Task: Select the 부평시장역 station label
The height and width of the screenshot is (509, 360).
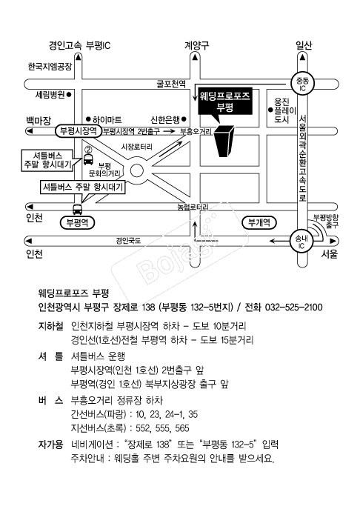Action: click(x=78, y=131)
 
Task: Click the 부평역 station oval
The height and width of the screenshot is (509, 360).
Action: click(x=77, y=223)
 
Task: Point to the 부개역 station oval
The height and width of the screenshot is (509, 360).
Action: click(x=259, y=223)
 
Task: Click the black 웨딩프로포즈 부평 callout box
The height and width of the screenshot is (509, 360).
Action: click(x=225, y=102)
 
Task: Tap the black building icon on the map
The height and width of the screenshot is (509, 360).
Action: click(x=224, y=141)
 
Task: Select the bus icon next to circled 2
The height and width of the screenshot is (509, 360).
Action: click(x=87, y=159)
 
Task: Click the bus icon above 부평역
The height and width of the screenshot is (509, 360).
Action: click(x=77, y=210)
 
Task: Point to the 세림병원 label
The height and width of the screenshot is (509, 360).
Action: click(x=50, y=95)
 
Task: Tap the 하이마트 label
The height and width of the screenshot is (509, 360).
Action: click(x=107, y=120)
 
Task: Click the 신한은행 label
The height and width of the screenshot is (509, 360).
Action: click(x=165, y=120)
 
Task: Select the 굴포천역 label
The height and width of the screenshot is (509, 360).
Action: click(x=171, y=84)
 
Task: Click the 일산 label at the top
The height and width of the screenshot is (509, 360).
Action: click(x=304, y=45)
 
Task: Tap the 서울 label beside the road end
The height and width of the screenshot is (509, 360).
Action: click(x=329, y=254)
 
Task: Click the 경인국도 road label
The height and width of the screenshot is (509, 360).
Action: click(x=128, y=241)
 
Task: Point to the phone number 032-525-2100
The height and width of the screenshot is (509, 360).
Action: click(x=294, y=307)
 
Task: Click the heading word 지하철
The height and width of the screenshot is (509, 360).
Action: click(x=50, y=325)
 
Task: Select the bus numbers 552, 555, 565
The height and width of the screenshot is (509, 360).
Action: click(x=162, y=428)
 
